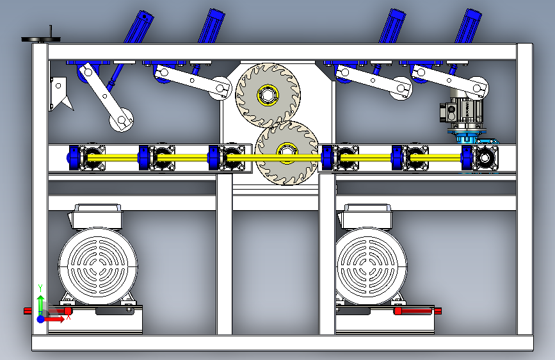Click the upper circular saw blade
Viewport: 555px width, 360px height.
coord(268,95)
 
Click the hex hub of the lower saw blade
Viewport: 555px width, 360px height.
coord(286,152)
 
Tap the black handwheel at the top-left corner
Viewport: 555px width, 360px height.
coord(41,38)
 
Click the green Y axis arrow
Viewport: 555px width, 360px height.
coord(40,303)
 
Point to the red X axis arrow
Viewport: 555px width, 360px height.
coord(54,319)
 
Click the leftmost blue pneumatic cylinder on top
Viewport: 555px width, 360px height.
coord(138,27)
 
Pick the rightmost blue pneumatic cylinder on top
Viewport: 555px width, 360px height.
coord(468,26)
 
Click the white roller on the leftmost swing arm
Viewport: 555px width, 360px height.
coord(122,120)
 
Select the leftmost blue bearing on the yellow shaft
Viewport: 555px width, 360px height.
coord(74,158)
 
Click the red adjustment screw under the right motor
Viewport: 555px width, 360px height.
coord(417,311)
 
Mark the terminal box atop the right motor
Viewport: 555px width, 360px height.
coord(366,216)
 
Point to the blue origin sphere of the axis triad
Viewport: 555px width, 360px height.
coord(41,319)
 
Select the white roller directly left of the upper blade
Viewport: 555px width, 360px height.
coord(220,88)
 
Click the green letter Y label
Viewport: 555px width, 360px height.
coord(40,288)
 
